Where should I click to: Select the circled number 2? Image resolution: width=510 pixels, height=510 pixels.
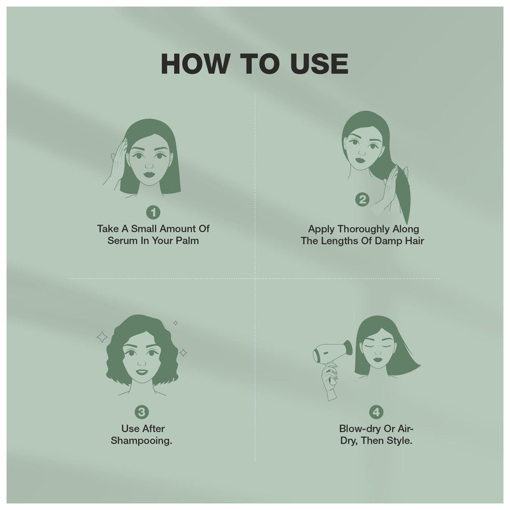pos(362,200)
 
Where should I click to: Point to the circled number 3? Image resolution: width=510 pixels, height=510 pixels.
pos(143,412)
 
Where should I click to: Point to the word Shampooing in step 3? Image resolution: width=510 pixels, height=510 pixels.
pos(143,441)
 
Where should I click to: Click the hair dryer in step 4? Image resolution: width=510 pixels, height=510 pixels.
pos(331,350)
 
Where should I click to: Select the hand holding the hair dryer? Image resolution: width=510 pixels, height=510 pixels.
pos(330,376)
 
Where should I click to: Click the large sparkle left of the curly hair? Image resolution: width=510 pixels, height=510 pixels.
pos(102,337)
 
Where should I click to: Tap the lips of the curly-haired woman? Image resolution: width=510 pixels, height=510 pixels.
pos(142,372)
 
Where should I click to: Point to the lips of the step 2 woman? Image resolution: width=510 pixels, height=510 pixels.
pos(359,159)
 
